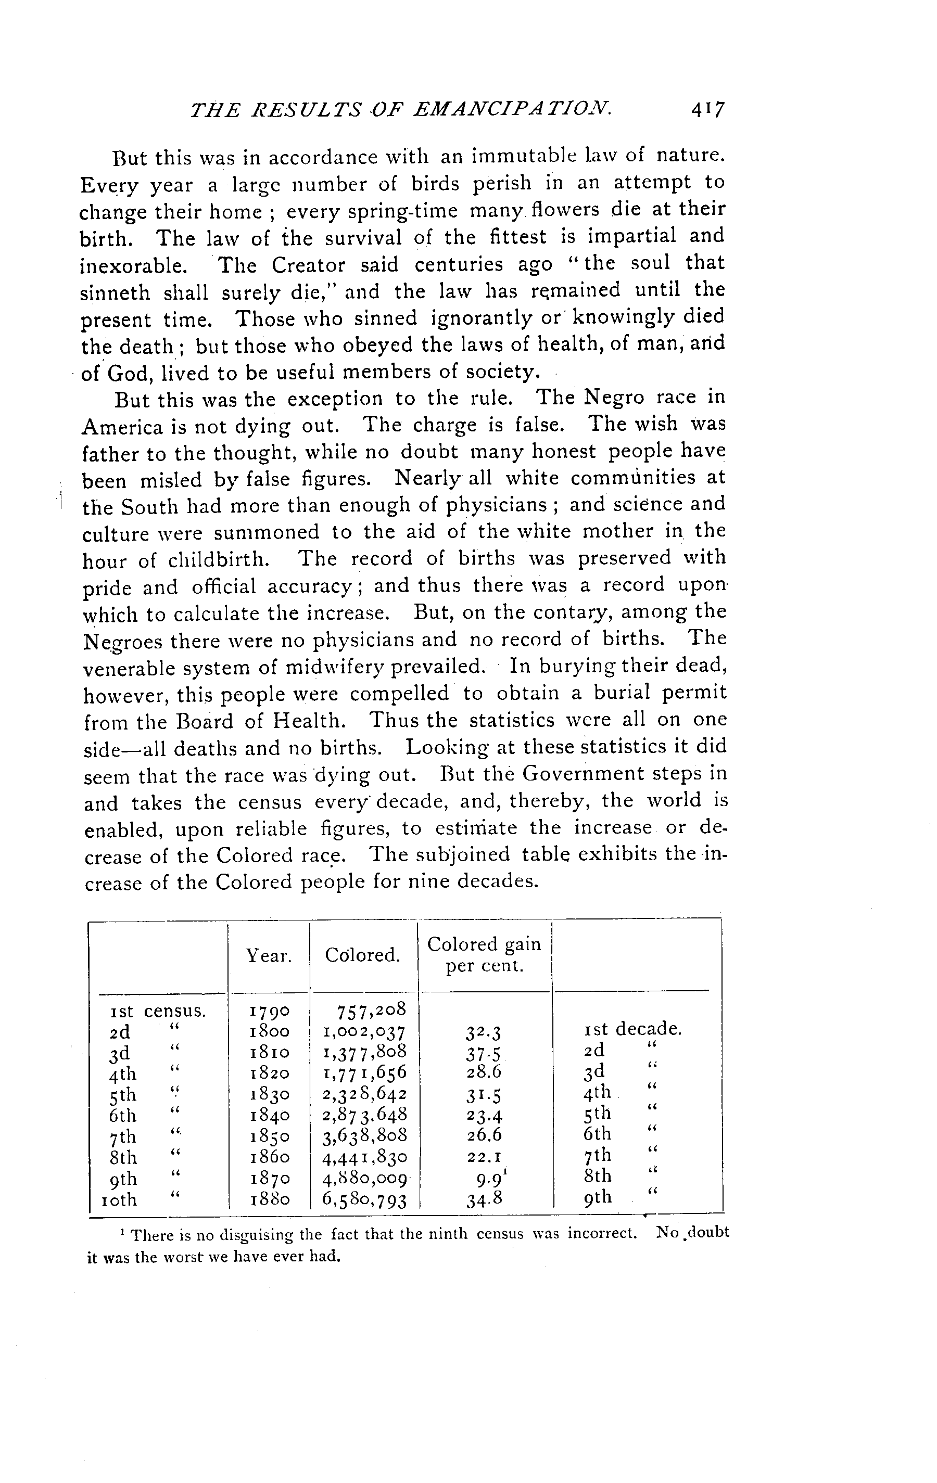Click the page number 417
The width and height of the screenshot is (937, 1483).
tap(708, 110)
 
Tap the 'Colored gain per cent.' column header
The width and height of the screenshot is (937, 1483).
tap(484, 955)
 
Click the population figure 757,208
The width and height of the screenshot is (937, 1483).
tap(372, 1010)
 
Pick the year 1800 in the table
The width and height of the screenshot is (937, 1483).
tap(269, 1031)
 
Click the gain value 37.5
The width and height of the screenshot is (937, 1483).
tap(484, 1054)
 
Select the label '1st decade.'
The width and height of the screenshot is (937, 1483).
tap(632, 1029)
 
